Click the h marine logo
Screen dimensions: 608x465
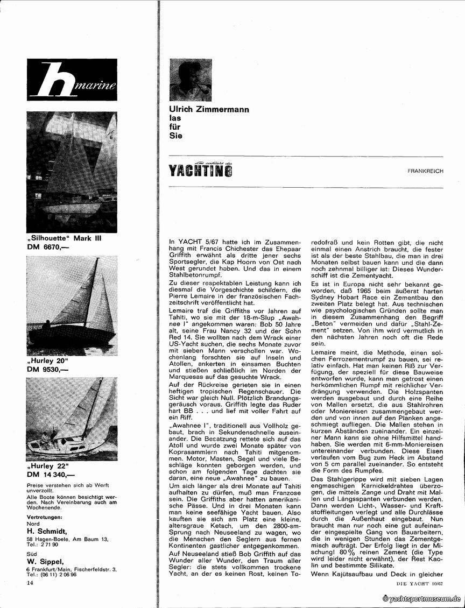coord(72,84)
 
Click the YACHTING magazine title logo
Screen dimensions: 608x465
coord(201,170)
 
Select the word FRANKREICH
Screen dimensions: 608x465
coord(425,171)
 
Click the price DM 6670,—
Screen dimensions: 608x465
coord(51,247)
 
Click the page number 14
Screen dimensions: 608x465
coord(30,583)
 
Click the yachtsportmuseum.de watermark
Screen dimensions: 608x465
coord(422,599)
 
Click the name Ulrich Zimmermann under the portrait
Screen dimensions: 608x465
coord(209,110)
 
